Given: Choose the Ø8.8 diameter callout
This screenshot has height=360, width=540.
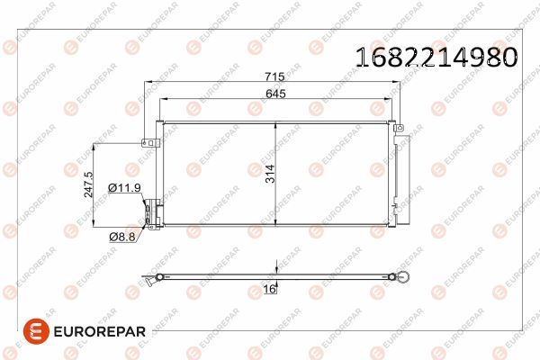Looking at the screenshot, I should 123,236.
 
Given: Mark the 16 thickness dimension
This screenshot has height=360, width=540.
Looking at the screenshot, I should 269,289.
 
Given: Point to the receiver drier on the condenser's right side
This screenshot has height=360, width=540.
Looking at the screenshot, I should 396,171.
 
